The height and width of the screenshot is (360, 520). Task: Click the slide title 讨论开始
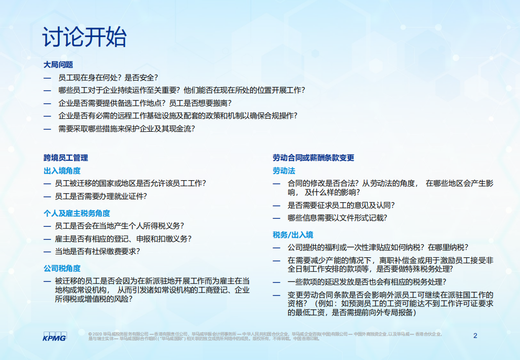[85, 38]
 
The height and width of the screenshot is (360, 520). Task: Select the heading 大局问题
[58, 65]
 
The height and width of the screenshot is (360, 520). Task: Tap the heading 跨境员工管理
[66, 158]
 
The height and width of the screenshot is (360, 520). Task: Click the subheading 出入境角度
[62, 171]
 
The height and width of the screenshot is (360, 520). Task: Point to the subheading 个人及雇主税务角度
[77, 213]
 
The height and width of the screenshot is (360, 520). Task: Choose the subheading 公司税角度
[62, 268]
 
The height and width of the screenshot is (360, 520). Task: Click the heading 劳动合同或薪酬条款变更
[313, 158]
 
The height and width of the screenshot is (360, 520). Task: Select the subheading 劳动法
[284, 171]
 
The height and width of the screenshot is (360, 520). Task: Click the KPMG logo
[55, 336]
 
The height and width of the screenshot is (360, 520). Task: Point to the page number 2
[475, 335]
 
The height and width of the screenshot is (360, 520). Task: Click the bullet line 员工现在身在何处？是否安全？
[108, 78]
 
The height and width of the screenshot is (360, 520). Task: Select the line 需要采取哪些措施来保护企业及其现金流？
[127, 129]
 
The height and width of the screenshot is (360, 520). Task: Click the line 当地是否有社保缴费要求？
[98, 251]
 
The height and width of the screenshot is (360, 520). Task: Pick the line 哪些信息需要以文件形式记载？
[337, 218]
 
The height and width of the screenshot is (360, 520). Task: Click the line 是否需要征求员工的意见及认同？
[341, 205]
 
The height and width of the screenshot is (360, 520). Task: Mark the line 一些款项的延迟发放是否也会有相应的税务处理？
[367, 282]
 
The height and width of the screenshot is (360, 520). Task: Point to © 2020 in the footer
[95, 333]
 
